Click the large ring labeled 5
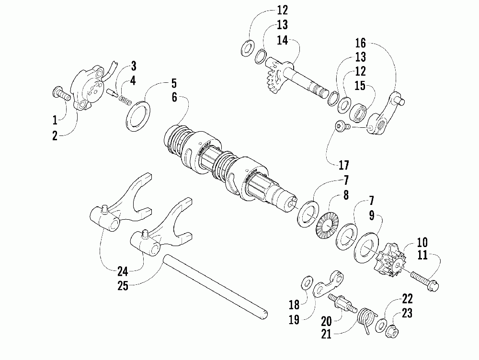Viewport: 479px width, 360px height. point(138,115)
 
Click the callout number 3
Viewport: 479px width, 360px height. point(134,66)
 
